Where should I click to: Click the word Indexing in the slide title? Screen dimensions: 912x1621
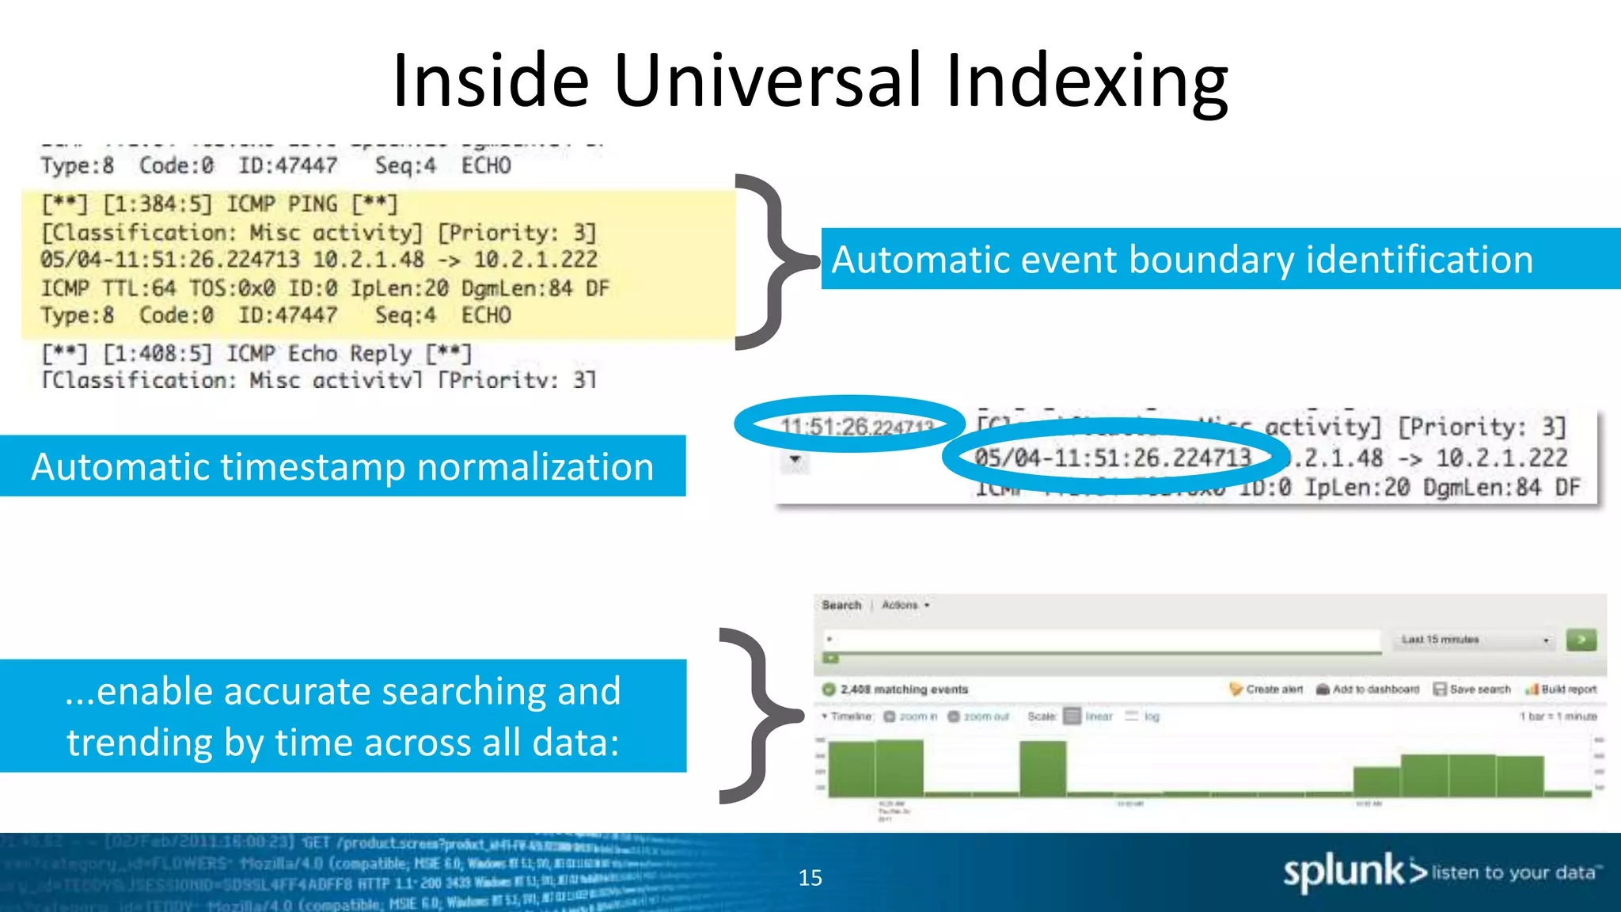[x=1086, y=82]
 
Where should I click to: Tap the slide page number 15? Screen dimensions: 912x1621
[x=810, y=877]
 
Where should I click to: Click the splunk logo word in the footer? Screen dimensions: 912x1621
[x=1343, y=872]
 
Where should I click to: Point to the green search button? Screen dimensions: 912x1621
[x=1581, y=640]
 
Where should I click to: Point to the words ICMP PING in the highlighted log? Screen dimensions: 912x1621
[x=282, y=204]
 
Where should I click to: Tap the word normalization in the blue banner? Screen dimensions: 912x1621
[x=535, y=466]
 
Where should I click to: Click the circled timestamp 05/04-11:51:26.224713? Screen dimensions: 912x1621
[x=1112, y=458]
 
